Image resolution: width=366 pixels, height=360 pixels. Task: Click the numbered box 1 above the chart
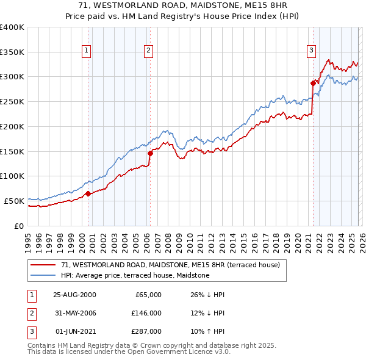pyautogui.click(x=87, y=51)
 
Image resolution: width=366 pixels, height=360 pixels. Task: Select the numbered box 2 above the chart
pyautogui.click(x=149, y=51)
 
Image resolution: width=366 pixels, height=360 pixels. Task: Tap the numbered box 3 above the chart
pyautogui.click(x=311, y=51)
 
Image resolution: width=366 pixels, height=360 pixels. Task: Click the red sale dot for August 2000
pyautogui.click(x=88, y=193)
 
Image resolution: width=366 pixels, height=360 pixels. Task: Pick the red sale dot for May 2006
pyautogui.click(x=150, y=153)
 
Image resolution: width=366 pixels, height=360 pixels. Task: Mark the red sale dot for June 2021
pyautogui.click(x=313, y=83)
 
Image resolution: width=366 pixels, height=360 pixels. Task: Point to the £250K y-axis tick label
pyautogui.click(x=12, y=102)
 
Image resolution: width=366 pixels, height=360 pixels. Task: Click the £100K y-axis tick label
pyautogui.click(x=12, y=176)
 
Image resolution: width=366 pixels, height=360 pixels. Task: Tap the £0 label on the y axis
pyautogui.click(x=18, y=225)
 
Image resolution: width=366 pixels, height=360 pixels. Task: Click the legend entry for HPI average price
pyautogui.click(x=135, y=276)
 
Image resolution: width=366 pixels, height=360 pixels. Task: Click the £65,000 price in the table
pyautogui.click(x=147, y=295)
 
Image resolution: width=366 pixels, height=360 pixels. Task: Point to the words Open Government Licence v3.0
pyautogui.click(x=176, y=352)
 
